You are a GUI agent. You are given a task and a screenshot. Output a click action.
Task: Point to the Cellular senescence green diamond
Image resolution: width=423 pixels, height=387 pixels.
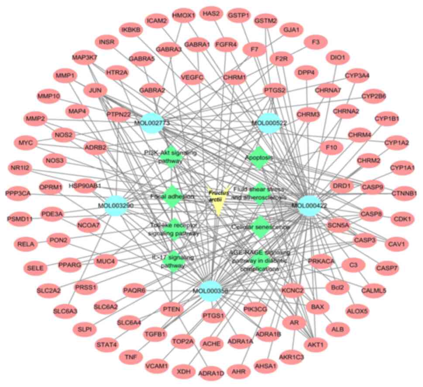click(260, 227)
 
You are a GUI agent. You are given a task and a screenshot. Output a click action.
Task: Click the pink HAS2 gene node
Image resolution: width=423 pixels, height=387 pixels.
click(211, 14)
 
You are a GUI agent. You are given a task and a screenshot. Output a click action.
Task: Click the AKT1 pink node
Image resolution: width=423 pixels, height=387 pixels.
click(316, 345)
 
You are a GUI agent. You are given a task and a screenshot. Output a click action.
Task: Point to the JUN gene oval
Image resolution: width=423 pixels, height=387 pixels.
click(95, 90)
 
